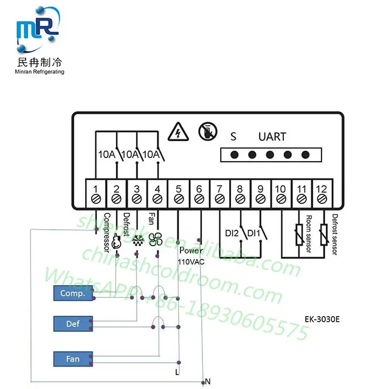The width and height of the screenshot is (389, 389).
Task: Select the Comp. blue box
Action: (72, 294)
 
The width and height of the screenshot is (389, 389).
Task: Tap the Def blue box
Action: (72, 324)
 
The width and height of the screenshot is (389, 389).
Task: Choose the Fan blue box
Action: (72, 359)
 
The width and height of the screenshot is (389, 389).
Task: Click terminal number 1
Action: (95, 188)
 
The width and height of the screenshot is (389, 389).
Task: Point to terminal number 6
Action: (199, 188)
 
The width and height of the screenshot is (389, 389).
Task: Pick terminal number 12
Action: (322, 188)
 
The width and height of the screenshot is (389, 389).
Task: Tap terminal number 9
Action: (260, 188)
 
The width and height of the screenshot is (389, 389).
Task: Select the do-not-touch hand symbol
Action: (206, 131)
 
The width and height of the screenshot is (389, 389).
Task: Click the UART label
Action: (272, 136)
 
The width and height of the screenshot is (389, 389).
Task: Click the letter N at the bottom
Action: (208, 381)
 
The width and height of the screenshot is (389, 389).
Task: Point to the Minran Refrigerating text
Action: (40, 72)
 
